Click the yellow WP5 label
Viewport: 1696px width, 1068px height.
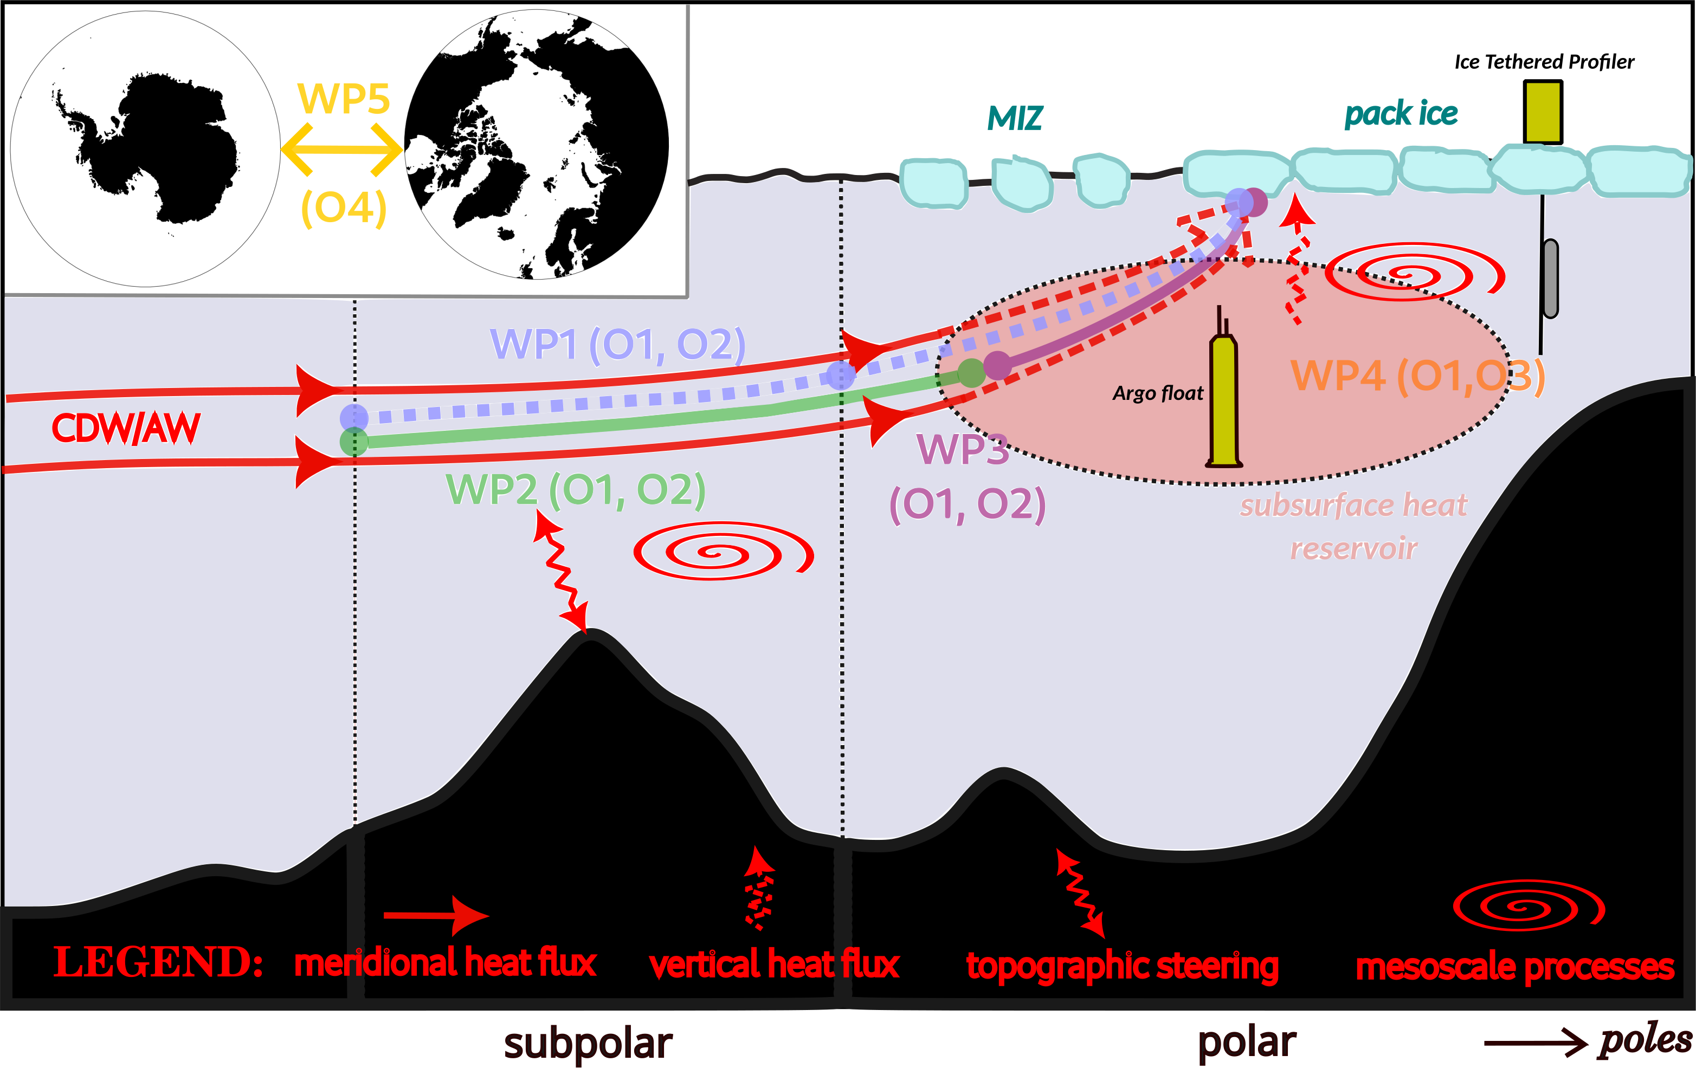[343, 99]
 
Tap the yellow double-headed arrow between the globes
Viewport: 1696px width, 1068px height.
[341, 149]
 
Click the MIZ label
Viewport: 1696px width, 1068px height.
[1015, 118]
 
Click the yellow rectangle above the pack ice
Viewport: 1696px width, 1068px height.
[1543, 113]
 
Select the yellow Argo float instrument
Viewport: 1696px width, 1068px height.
[1224, 398]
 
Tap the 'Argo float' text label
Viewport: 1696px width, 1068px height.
[1158, 393]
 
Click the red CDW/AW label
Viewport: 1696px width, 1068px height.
[127, 428]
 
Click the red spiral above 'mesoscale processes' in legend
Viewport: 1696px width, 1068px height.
[1529, 906]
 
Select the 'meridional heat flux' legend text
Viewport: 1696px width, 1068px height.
[445, 963]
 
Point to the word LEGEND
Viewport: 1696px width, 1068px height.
[158, 962]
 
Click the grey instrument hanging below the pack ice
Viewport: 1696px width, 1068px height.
[1550, 278]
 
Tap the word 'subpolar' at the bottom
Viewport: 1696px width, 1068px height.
[588, 1044]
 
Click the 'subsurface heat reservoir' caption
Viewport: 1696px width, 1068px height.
[1353, 527]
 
